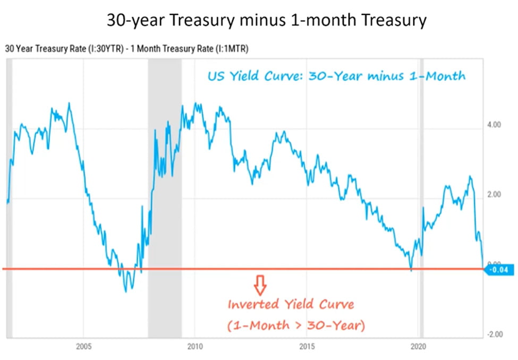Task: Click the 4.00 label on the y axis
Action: click(x=494, y=125)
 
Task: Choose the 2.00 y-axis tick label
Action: click(x=494, y=195)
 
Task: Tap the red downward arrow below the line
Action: click(x=260, y=285)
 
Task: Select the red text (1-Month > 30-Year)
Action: click(x=296, y=325)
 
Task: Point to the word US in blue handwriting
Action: click(x=216, y=75)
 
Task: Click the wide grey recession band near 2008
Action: click(x=164, y=196)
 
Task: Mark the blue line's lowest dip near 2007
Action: click(x=126, y=291)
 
